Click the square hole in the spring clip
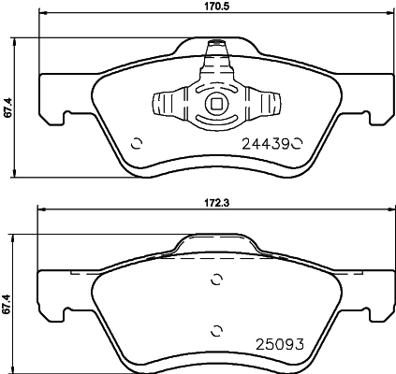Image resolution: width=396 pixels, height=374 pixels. pos(217,106)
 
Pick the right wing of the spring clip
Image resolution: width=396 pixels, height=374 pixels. pos(264,105)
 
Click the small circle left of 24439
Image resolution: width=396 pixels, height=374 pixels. pos(138,143)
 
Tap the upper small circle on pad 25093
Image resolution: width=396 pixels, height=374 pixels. pos(217,279)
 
